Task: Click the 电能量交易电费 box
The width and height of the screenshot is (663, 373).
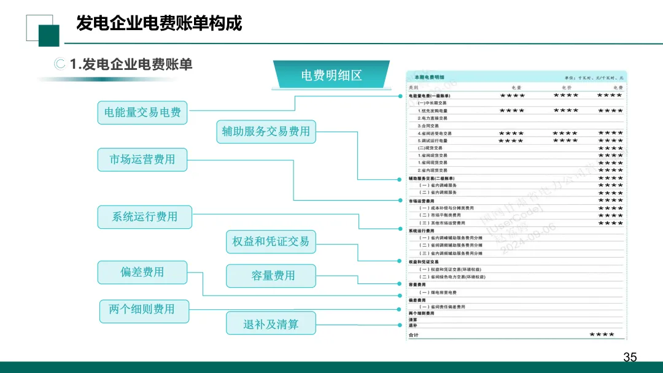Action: point(142,113)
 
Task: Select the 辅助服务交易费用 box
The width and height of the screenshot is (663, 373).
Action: point(266,131)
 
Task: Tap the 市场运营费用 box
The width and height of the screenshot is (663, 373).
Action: point(142,160)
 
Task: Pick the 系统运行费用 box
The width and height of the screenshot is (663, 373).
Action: point(145,217)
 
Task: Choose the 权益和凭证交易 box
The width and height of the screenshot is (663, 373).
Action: point(270,242)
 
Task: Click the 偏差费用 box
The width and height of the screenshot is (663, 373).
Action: point(142,272)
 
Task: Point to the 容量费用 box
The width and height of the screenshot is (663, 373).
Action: point(271,276)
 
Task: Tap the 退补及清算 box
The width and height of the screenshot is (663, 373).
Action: point(271,324)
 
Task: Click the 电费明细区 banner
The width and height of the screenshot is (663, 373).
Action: point(331,75)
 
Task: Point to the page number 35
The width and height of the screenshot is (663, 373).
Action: point(630,357)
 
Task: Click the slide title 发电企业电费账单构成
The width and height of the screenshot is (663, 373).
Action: point(159,23)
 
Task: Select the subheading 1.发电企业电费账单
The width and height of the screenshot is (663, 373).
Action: point(131,64)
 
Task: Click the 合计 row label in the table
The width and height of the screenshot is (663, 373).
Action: point(414,335)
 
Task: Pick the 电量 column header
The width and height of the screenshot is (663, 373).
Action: point(516,88)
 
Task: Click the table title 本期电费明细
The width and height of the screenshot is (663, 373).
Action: point(430,77)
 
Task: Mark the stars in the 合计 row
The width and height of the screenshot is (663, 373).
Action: point(602,334)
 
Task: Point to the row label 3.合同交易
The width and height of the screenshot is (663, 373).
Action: point(428,126)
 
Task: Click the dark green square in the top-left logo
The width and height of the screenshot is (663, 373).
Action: point(48,36)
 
